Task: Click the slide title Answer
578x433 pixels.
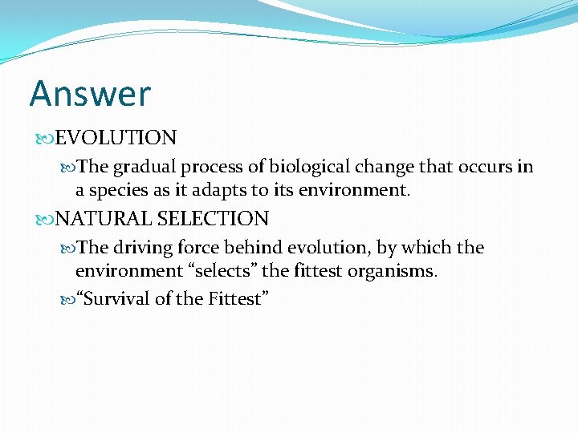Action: pos(89,94)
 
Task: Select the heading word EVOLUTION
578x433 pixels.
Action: pos(116,138)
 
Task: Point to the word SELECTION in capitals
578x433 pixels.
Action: pos(213,218)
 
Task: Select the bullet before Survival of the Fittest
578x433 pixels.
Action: pos(67,300)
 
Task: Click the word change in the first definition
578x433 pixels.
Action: pos(385,167)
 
